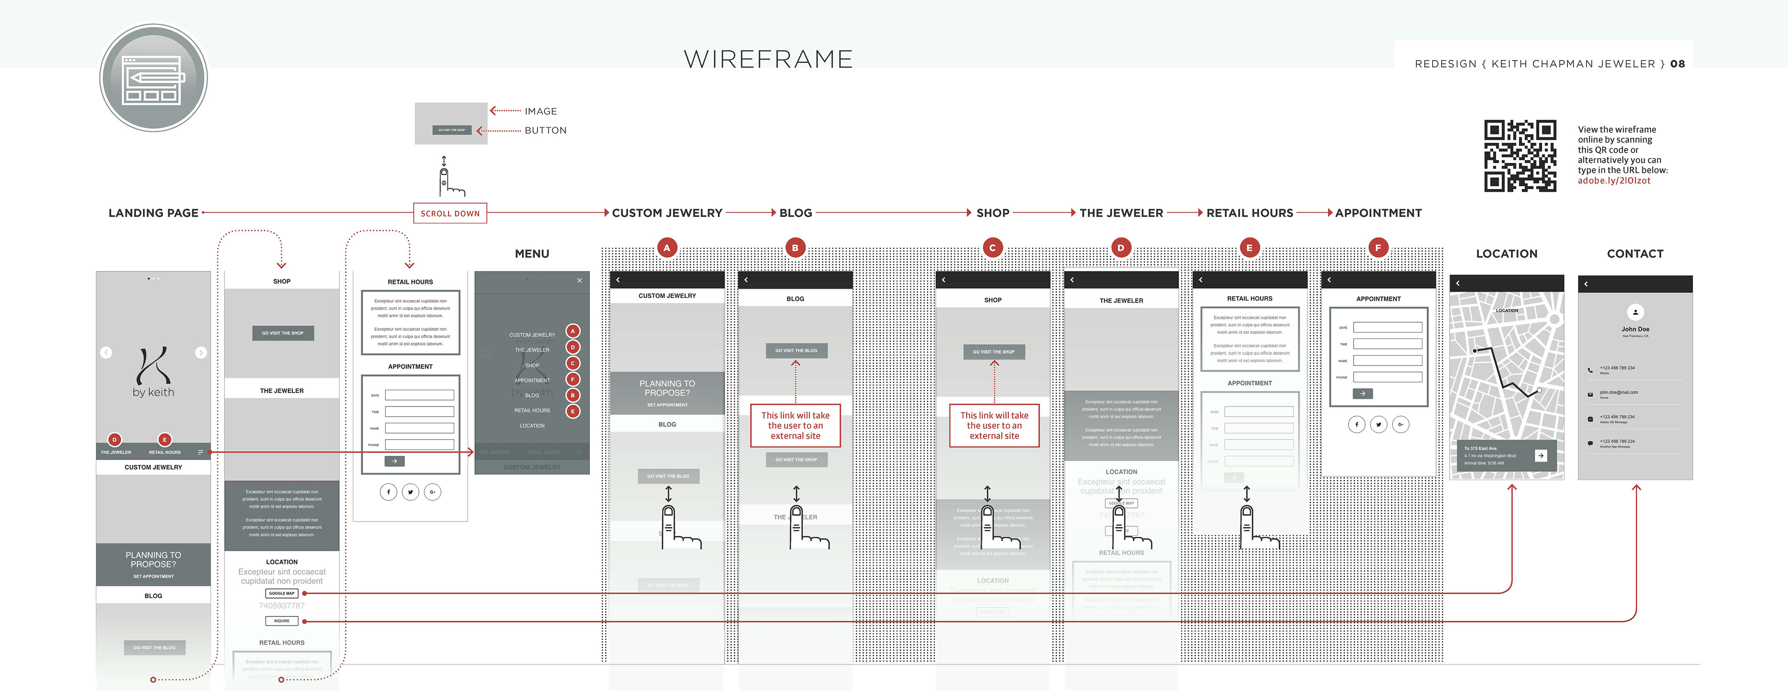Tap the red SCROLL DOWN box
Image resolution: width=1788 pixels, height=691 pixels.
point(450,213)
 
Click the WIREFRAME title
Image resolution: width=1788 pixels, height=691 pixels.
point(768,60)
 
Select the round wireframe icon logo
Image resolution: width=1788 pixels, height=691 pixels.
point(153,78)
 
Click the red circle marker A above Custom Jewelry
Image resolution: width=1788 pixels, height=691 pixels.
point(667,248)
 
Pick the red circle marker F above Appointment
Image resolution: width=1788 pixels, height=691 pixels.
point(1378,248)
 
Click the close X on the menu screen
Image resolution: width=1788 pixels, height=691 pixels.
point(580,280)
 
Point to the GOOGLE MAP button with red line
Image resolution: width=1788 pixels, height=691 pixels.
point(282,593)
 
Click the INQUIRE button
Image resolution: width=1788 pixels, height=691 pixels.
point(282,621)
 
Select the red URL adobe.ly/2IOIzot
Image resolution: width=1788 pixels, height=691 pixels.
point(1614,180)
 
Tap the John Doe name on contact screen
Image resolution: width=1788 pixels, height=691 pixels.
point(1635,329)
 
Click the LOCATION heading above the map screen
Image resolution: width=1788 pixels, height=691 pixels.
point(1506,254)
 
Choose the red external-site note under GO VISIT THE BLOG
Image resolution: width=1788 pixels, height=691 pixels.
point(795,425)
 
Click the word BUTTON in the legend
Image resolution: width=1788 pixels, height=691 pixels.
point(546,130)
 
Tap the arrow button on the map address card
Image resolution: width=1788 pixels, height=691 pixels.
point(1541,456)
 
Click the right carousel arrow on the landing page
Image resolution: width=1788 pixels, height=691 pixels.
point(201,352)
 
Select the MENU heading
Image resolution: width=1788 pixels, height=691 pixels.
point(532,254)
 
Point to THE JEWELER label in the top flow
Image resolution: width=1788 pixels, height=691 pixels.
point(1121,213)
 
